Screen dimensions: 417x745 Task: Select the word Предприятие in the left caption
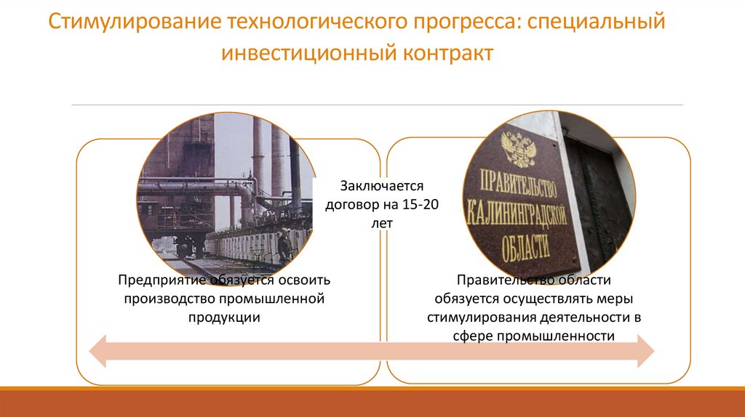(x=159, y=280)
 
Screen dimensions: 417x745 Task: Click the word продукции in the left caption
(x=224, y=317)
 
